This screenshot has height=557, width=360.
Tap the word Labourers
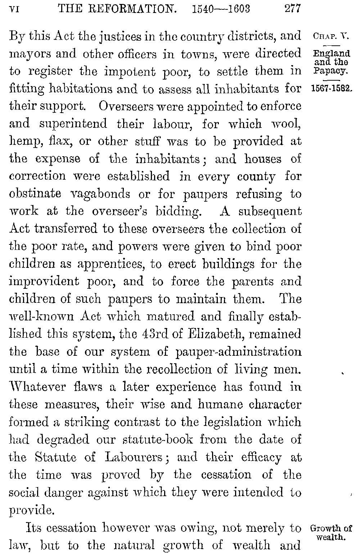[x=136, y=457]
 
